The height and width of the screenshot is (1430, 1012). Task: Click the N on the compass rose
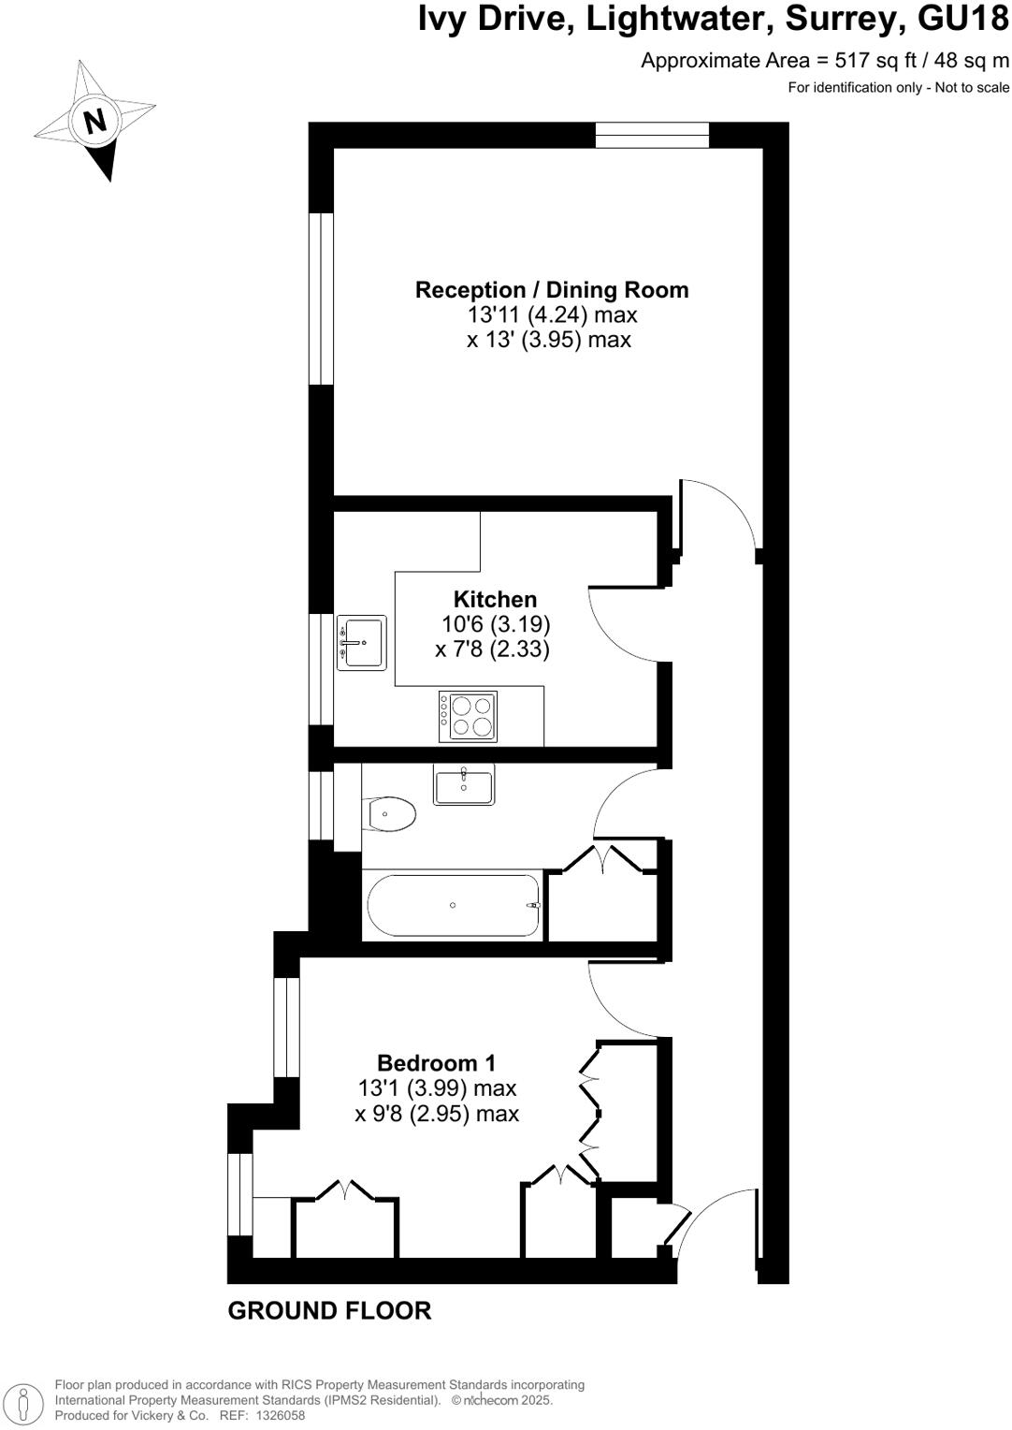[x=94, y=121]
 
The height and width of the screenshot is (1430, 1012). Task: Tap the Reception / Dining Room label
[x=552, y=290]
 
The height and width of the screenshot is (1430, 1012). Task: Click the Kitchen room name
[x=495, y=599]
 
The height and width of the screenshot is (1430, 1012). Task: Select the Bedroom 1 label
[x=436, y=1063]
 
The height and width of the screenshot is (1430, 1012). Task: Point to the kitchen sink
[x=363, y=642]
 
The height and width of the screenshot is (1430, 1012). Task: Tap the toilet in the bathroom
[x=391, y=814]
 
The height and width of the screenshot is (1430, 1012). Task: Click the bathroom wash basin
[x=464, y=785]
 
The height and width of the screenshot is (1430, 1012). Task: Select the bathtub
[x=454, y=905]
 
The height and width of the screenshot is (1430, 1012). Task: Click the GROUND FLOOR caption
[x=329, y=1310]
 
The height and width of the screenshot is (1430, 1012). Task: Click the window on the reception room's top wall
[x=652, y=136]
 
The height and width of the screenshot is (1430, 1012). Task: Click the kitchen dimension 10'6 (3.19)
[x=495, y=624]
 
